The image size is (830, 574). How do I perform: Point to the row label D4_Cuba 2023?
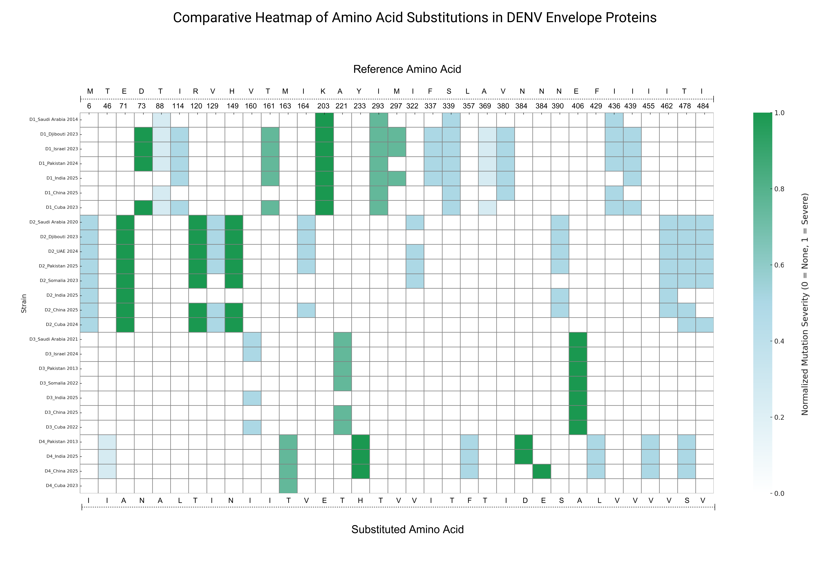coord(62,486)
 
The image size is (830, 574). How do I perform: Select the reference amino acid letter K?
coord(323,91)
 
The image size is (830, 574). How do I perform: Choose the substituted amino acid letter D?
coord(525,500)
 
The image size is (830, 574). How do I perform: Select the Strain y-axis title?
coord(24,304)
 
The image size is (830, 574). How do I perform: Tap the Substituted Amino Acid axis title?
coord(408,529)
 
